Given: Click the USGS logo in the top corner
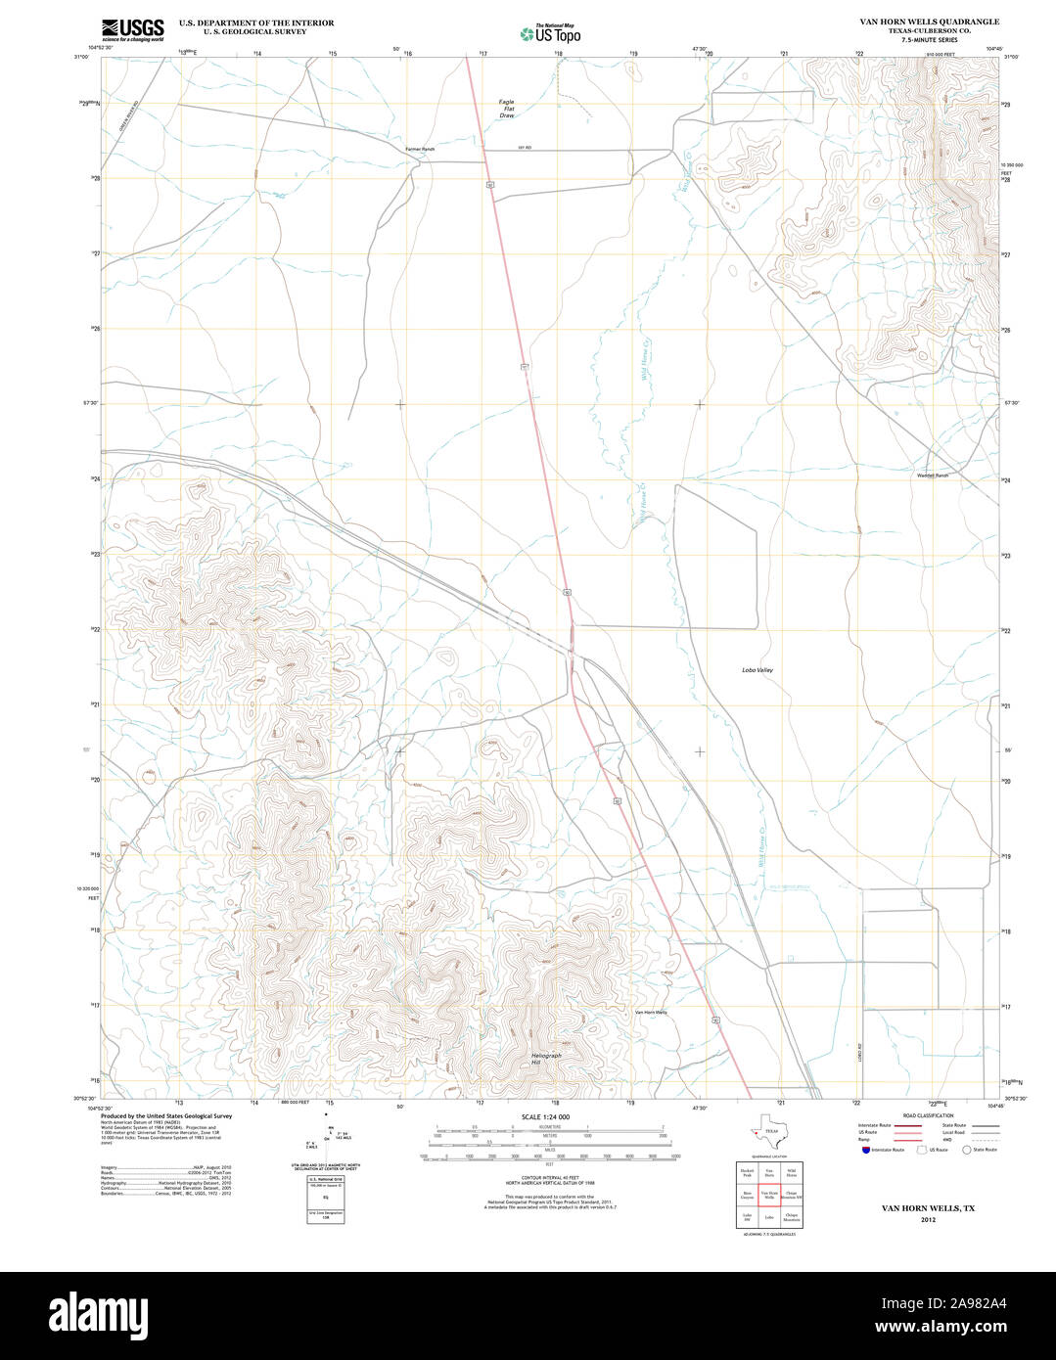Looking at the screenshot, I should [x=133, y=29].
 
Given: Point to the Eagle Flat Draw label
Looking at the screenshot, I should [x=506, y=109].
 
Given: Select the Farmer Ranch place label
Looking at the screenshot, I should [x=420, y=149].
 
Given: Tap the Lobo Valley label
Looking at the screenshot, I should [x=757, y=669].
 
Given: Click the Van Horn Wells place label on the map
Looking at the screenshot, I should [x=651, y=1012].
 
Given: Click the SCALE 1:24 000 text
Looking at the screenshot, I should [x=546, y=1116].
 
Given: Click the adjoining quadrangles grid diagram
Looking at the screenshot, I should [x=768, y=1194].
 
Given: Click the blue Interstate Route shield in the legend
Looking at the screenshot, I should [x=864, y=1150].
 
